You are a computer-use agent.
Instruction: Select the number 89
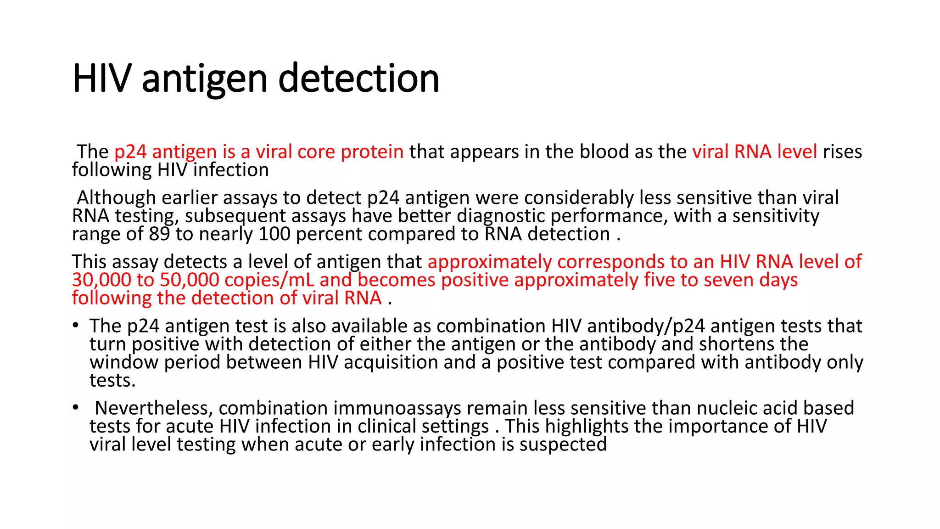tap(159, 234)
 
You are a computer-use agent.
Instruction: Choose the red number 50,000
tap(190, 280)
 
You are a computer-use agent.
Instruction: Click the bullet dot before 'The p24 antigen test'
tap(75, 326)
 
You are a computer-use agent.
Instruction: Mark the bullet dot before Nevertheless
tap(75, 408)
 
